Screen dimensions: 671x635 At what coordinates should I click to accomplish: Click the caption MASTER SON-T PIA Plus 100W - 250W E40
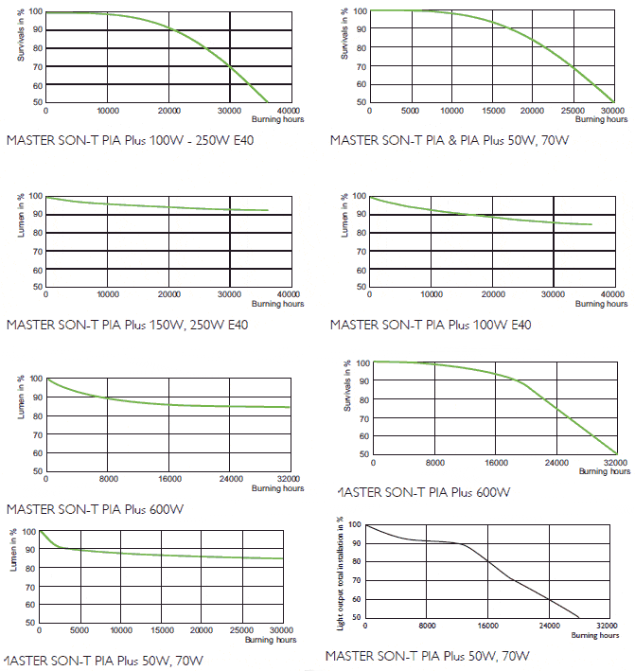click(130, 141)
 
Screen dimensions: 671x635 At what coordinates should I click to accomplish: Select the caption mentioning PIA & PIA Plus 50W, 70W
click(450, 140)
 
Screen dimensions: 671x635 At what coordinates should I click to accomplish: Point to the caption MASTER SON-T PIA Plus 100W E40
click(431, 325)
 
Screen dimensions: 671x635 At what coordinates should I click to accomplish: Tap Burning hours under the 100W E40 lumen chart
click(604, 304)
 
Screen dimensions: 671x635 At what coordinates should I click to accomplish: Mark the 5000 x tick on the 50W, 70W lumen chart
click(79, 630)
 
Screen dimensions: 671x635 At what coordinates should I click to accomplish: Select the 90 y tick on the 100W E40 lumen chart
click(358, 214)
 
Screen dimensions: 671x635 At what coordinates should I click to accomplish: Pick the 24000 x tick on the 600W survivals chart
click(556, 463)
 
